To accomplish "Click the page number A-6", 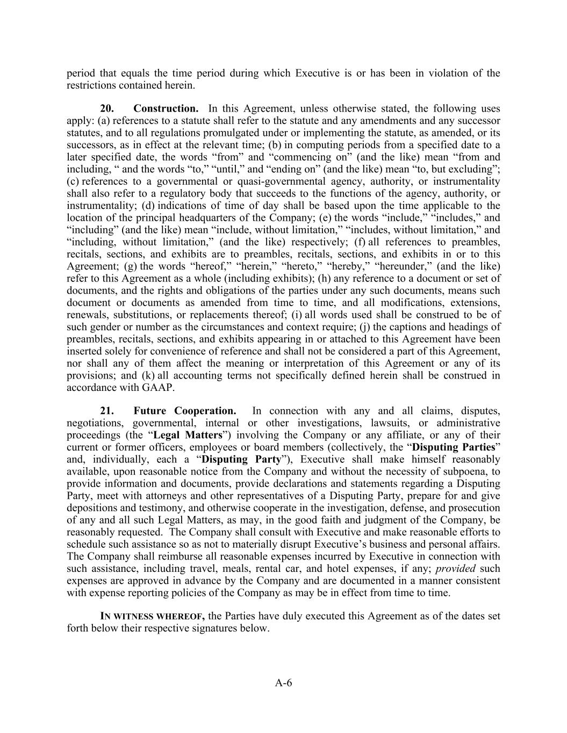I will tap(283, 683).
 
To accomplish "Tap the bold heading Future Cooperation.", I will tap(185, 411).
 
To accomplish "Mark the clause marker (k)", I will tap(148, 375).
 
